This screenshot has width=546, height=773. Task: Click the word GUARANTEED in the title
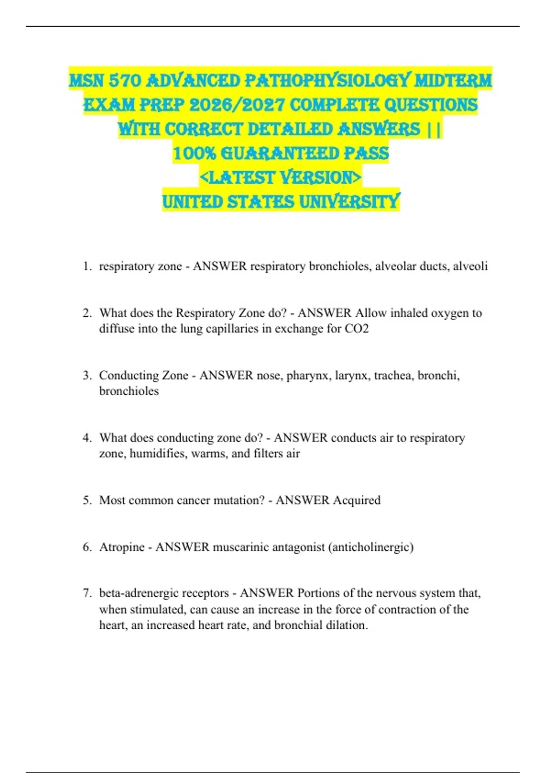279,153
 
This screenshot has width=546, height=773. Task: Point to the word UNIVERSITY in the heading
349,201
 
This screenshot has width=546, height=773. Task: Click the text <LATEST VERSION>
281,177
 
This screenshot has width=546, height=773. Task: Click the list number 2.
87,313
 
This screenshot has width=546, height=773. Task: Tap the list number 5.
87,500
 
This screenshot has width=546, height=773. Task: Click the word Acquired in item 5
356,500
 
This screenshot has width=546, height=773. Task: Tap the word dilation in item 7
346,625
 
